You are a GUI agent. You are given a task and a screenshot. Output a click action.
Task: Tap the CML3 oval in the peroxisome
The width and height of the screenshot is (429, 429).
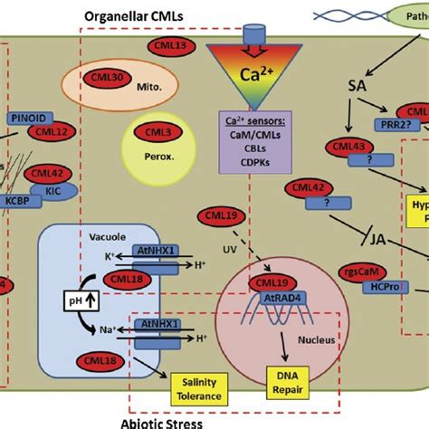point(156,132)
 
